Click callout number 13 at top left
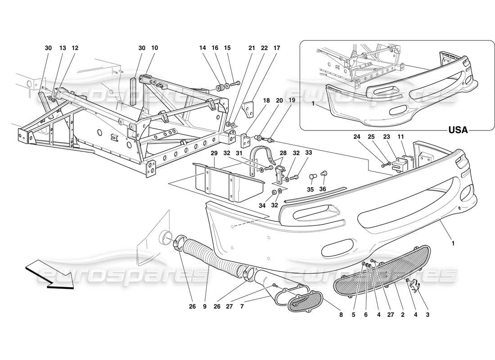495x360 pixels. [x=63, y=48]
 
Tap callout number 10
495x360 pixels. [x=155, y=48]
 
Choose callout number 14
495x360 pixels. [x=203, y=48]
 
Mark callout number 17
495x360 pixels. [x=276, y=48]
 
